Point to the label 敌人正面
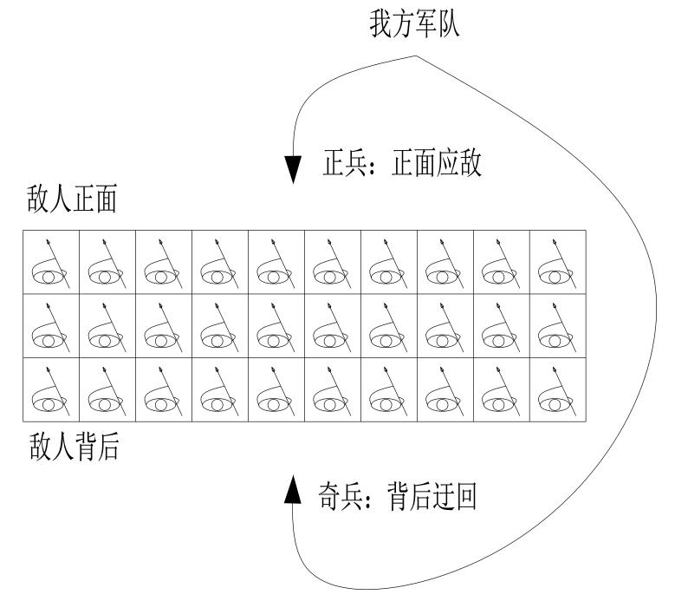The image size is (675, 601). point(73,203)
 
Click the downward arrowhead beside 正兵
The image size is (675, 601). point(293,168)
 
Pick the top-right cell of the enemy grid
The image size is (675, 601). point(557,262)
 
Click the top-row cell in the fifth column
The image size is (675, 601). point(276,262)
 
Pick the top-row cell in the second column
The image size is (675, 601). point(107,262)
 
